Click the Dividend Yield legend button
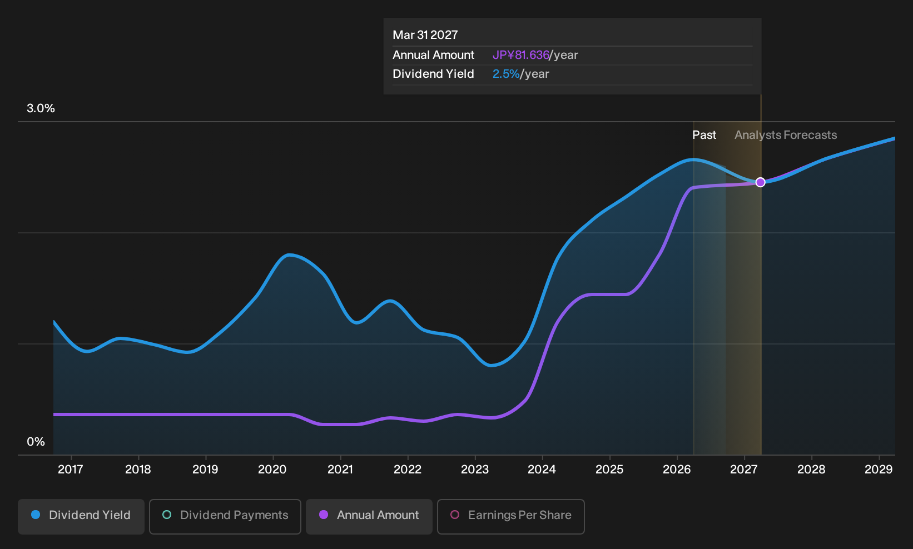click(x=81, y=516)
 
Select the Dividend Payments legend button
click(x=225, y=516)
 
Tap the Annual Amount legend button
click(x=369, y=516)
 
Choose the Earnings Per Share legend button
click(x=510, y=516)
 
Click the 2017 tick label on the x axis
click(x=71, y=470)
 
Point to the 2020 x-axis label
click(x=272, y=470)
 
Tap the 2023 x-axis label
click(x=475, y=470)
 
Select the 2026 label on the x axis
click(x=677, y=470)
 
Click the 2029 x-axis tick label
click(x=879, y=470)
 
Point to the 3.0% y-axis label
click(x=41, y=108)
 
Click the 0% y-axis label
click(x=36, y=442)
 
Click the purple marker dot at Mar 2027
click(x=760, y=182)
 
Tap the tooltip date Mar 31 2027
click(x=425, y=35)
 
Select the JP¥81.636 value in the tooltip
click(x=521, y=55)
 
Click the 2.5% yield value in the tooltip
click(x=506, y=74)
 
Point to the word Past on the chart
click(x=704, y=135)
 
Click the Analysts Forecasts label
click(x=786, y=135)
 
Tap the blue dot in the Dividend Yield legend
click(x=36, y=515)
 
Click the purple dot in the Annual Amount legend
click(x=324, y=515)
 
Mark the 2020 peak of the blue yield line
click(x=289, y=255)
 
